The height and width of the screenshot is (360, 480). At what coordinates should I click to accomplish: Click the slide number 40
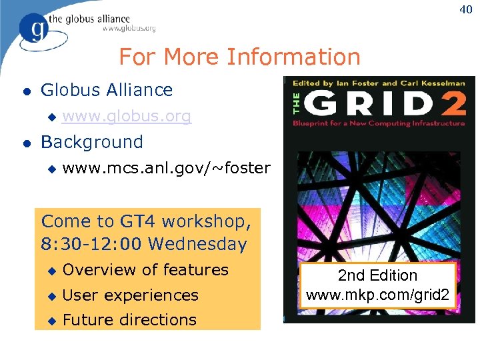click(464, 9)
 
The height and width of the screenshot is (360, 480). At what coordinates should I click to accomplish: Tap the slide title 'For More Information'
click(239, 57)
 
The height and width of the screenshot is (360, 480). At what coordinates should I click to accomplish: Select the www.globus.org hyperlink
click(127, 117)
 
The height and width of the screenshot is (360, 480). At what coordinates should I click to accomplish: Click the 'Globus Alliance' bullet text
click(107, 90)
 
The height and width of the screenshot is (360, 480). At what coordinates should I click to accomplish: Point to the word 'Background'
click(92, 142)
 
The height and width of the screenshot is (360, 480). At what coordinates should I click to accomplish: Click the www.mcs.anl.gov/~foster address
click(166, 168)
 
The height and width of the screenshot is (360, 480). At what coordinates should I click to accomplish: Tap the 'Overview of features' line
click(145, 270)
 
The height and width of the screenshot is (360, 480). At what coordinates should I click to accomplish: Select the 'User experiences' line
click(131, 295)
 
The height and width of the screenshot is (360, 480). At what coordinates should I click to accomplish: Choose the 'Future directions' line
click(129, 320)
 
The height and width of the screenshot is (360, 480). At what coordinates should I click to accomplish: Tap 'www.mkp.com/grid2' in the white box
click(377, 293)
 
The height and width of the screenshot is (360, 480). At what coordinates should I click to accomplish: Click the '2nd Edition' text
click(377, 276)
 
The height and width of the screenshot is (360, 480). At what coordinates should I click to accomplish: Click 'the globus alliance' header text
click(89, 19)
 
